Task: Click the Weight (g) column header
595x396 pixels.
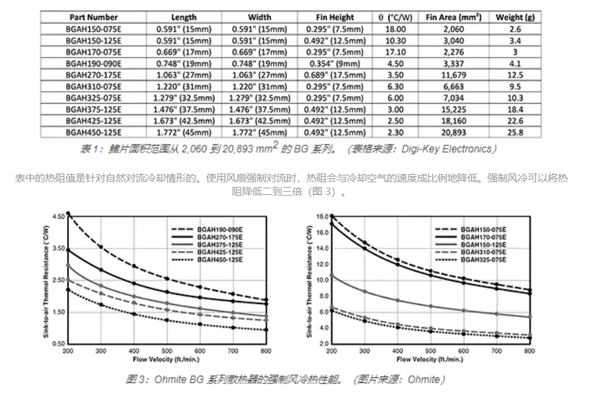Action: (x=514, y=17)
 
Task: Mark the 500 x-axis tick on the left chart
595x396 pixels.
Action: (x=168, y=351)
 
